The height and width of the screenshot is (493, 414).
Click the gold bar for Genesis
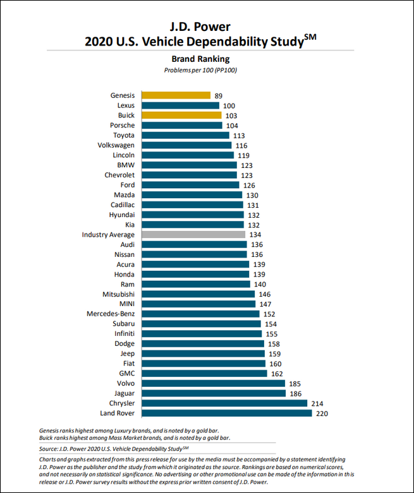[x=176, y=95]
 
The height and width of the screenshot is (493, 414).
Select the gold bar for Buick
[x=181, y=116]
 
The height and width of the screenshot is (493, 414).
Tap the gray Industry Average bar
[x=193, y=234]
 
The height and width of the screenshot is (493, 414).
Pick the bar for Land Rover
[x=226, y=413]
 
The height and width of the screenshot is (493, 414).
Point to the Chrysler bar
[x=224, y=403]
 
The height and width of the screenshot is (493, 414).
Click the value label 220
[x=322, y=413]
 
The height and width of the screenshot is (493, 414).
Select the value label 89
[x=219, y=96]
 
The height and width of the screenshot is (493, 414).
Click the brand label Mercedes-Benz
[x=111, y=314]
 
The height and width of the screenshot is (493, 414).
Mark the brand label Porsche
[x=122, y=126]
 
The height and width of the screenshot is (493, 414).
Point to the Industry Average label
[x=108, y=235]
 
